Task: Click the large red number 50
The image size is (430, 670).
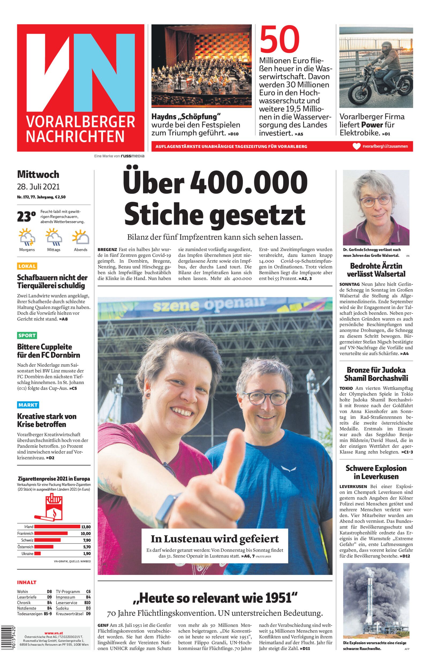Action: click(280, 39)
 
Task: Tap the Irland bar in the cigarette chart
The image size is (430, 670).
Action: click(57, 527)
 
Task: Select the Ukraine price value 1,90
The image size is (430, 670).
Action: click(86, 553)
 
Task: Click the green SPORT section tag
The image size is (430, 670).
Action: click(27, 336)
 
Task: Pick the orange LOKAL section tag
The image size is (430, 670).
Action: click(27, 266)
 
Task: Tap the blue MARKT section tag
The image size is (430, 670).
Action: click(28, 405)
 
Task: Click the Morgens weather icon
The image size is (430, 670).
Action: click(27, 237)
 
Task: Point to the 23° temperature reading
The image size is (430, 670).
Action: click(27, 217)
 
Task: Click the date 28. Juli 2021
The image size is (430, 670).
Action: click(38, 187)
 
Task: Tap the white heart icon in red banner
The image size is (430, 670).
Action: click(357, 146)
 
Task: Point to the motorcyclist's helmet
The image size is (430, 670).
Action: click(386, 47)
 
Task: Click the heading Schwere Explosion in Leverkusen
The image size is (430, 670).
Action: click(376, 472)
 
